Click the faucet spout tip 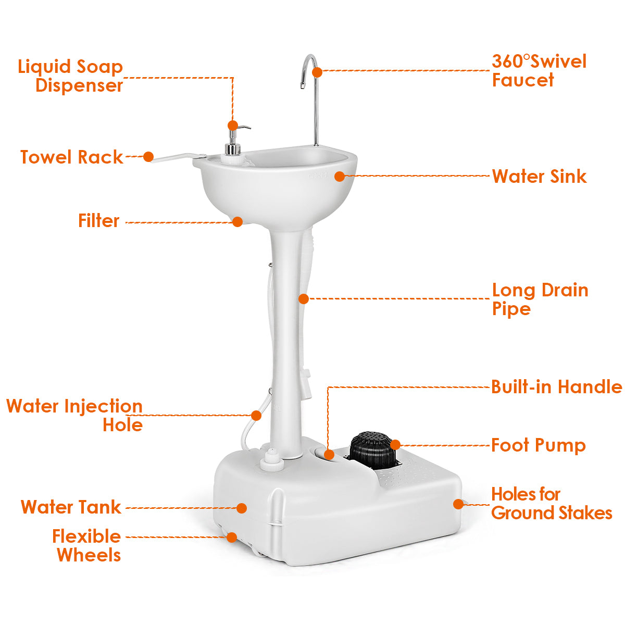302,85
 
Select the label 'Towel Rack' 71,157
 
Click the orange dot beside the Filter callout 238,222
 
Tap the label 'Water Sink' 539,177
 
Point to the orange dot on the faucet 317,72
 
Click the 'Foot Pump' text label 539,445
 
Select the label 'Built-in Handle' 557,386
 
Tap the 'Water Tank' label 71,507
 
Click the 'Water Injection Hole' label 74,415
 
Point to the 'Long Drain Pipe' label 540,299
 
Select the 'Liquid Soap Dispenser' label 70,76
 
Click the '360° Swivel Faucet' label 539,71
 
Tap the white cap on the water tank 272,459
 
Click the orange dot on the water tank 241,508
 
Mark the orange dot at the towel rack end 148,157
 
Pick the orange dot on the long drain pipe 304,299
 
